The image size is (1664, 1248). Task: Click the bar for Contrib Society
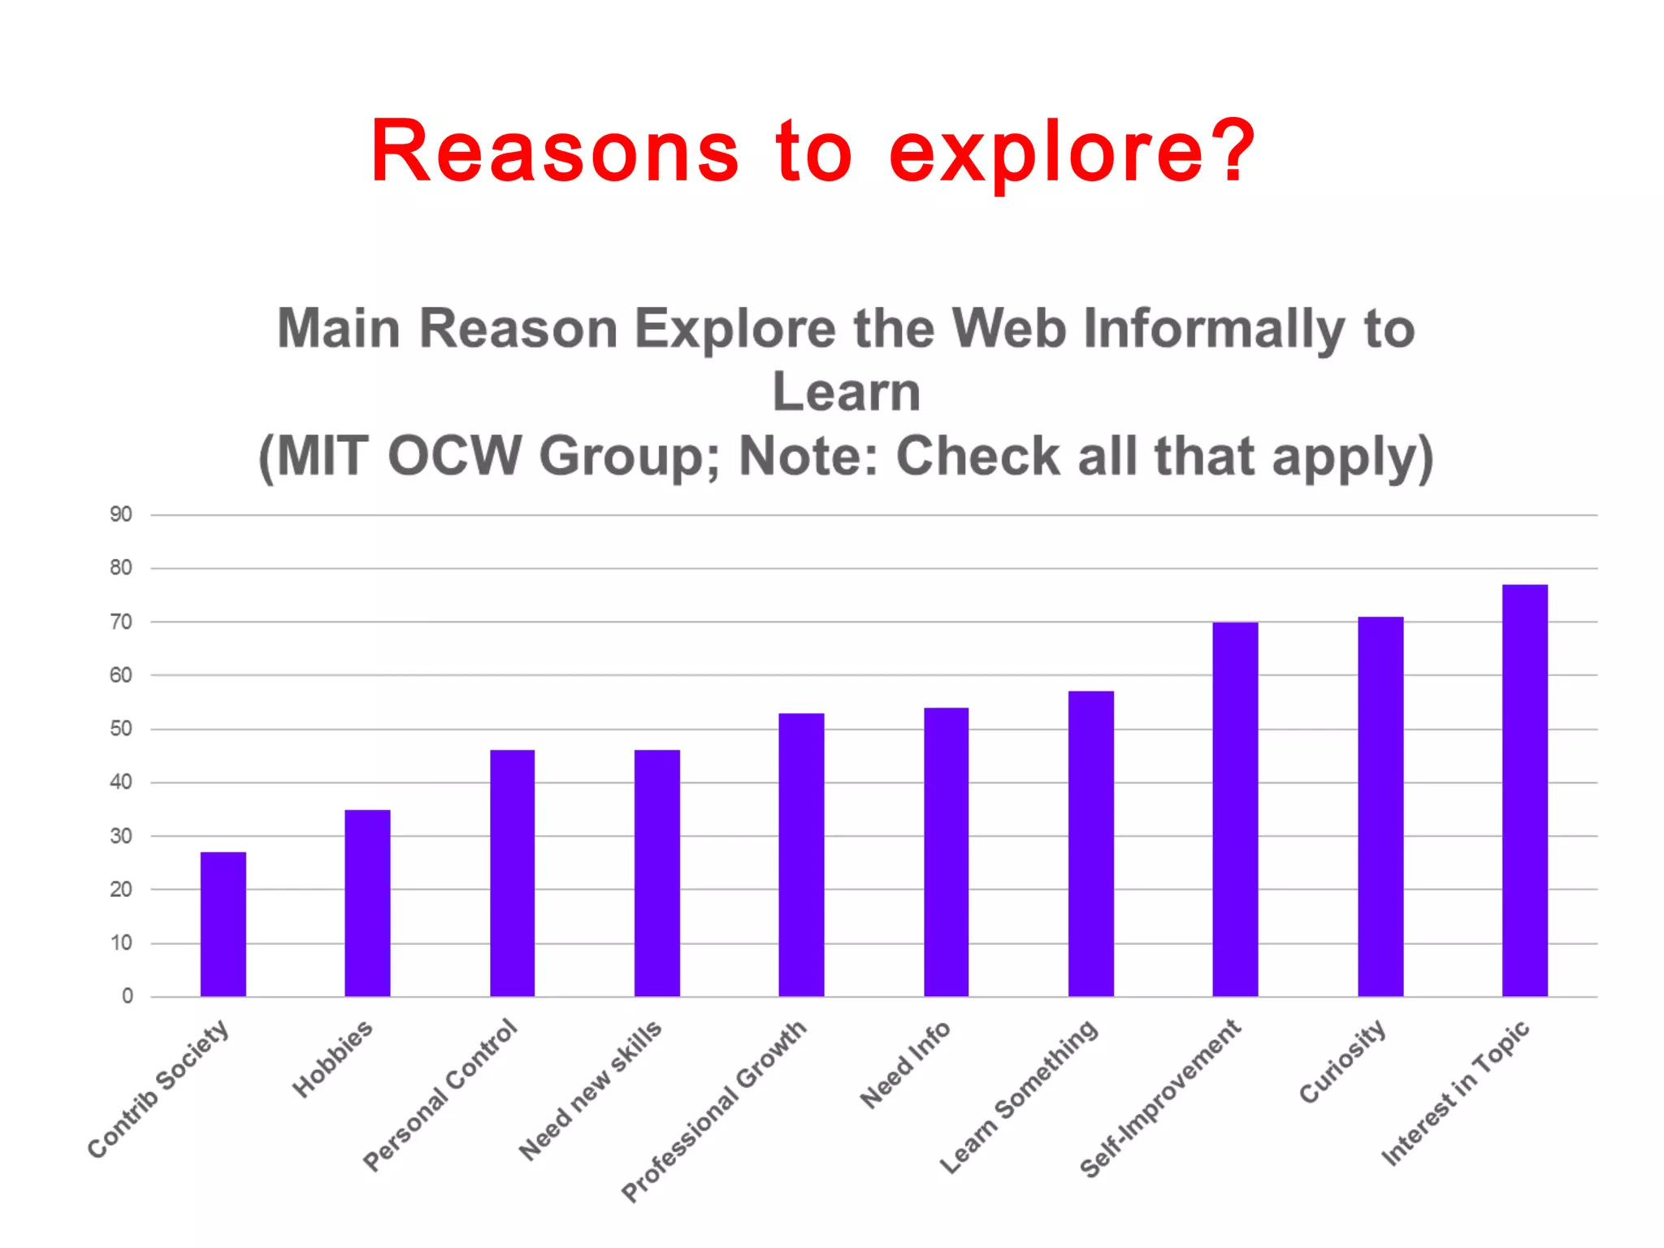[223, 924]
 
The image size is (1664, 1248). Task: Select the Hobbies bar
[367, 903]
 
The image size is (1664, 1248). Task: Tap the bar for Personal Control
[512, 873]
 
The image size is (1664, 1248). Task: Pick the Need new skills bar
[656, 873]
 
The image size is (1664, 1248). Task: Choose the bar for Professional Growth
[801, 855]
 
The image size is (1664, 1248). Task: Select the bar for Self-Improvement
[1235, 809]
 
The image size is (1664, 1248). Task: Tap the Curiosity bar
[1380, 806]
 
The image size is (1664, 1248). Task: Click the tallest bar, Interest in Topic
[1525, 790]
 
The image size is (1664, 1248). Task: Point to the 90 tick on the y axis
[121, 514]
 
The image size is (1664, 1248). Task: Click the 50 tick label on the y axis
[121, 729]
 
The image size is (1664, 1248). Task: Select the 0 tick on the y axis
[128, 996]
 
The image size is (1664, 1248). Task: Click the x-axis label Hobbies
[332, 1059]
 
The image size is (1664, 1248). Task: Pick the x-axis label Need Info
[905, 1065]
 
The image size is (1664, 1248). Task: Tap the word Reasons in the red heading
[555, 152]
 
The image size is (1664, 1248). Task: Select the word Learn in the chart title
[846, 392]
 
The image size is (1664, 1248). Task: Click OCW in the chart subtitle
[454, 457]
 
